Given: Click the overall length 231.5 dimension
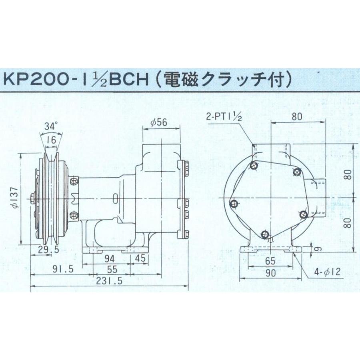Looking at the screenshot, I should tap(109, 281).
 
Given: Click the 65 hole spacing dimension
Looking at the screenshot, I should tap(270, 262).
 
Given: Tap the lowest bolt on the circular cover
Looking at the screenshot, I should tap(264, 234).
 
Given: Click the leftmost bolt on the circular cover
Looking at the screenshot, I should tap(234, 204).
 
